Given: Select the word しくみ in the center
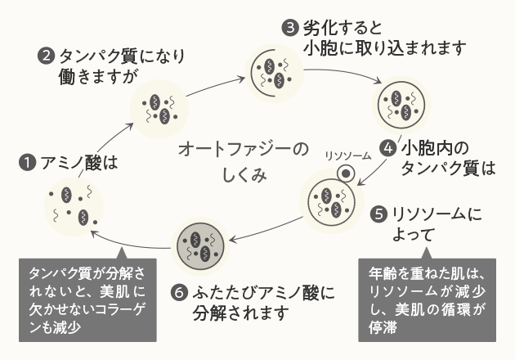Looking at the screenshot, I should (x=244, y=177).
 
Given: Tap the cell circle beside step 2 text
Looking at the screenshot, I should (x=160, y=105).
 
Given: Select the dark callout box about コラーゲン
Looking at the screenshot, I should (x=87, y=299).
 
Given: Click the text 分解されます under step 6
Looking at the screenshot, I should (x=242, y=313).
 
